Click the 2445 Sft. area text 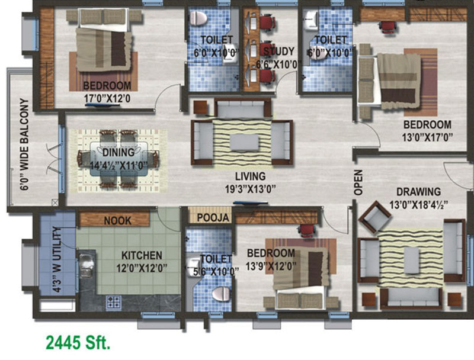point(78,342)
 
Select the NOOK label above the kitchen point(118,220)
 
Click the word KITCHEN point(142,256)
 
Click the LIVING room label point(250,176)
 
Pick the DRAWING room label point(418,192)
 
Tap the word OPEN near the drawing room point(358,183)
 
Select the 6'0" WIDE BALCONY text point(24,144)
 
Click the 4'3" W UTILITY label point(57,258)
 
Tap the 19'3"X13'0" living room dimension point(249,189)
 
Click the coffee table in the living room point(244,143)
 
